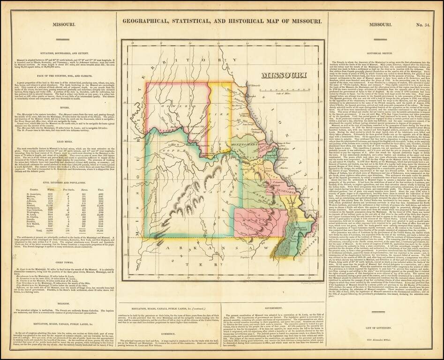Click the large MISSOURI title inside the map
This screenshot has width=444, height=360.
(x=284, y=75)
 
